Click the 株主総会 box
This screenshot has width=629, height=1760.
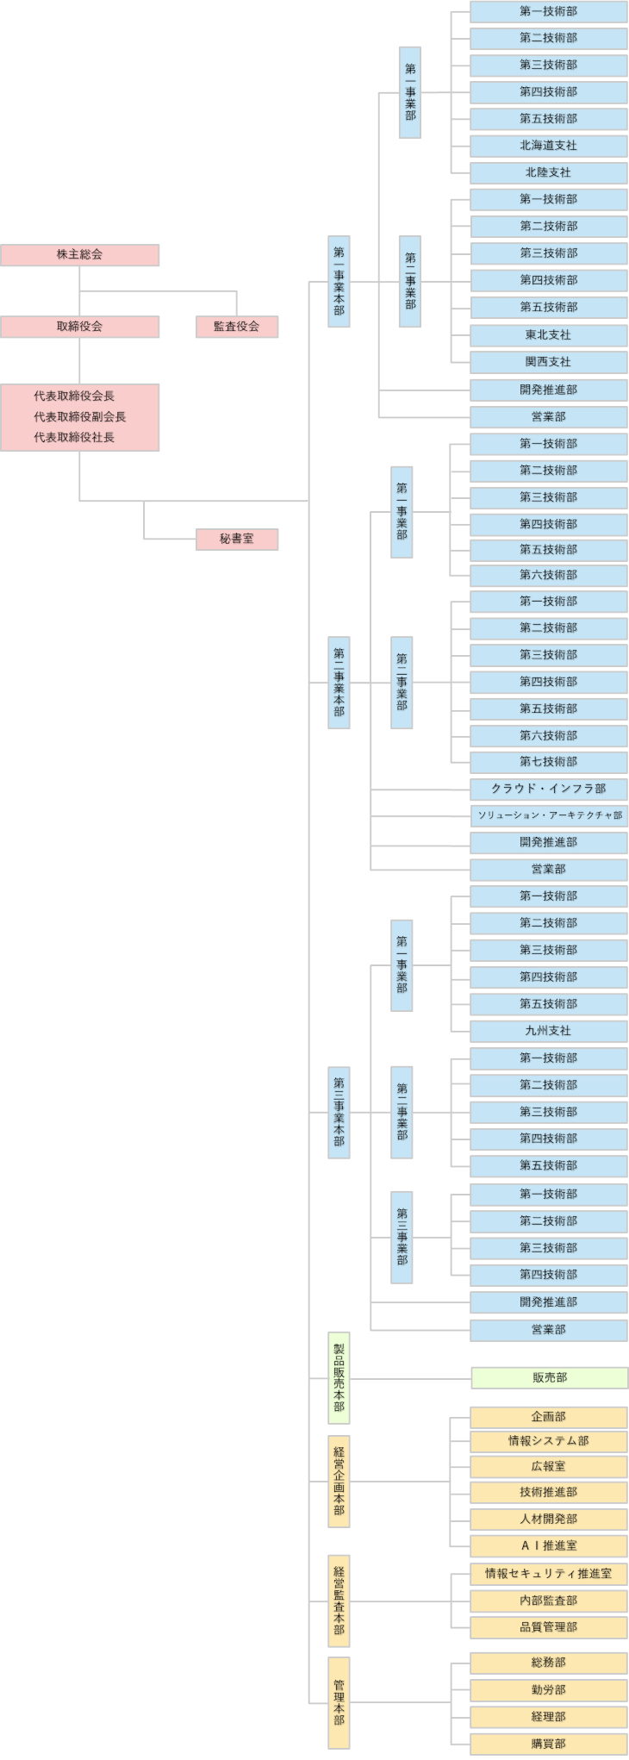[79, 255]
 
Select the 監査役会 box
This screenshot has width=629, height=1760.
[236, 327]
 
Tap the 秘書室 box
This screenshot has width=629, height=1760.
[236, 539]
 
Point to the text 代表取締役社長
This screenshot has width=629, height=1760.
[74, 437]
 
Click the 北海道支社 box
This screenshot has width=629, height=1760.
[548, 146]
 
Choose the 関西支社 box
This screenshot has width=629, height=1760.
[548, 362]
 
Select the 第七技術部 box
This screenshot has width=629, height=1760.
[548, 762]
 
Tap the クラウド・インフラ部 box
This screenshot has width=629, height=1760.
[548, 789]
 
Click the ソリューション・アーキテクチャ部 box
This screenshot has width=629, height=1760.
[548, 815]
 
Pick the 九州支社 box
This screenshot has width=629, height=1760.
[548, 1031]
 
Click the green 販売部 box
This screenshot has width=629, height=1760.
[549, 1378]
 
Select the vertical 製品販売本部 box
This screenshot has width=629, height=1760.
[339, 1377]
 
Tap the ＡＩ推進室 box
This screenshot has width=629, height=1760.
[548, 1545]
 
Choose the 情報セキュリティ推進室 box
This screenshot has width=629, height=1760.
[548, 1573]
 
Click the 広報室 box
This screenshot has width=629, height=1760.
[548, 1466]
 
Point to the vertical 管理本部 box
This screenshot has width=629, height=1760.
[339, 1702]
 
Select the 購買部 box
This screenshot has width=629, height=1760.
[548, 1744]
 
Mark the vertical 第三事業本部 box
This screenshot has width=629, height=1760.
[339, 1112]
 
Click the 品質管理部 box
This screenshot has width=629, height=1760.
[548, 1627]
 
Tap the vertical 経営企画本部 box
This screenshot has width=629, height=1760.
[339, 1481]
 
